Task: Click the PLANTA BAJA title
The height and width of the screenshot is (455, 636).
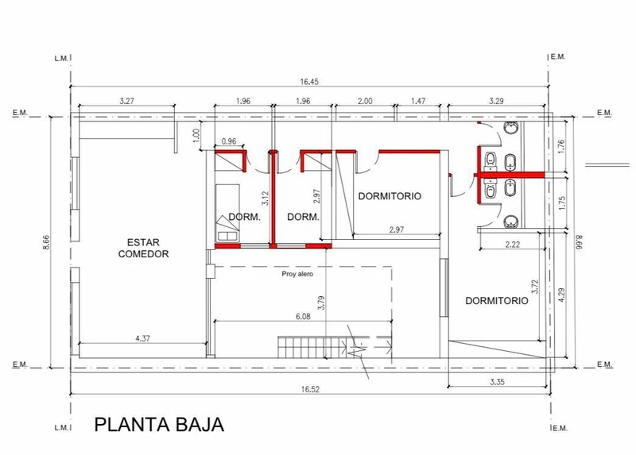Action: pos(159,425)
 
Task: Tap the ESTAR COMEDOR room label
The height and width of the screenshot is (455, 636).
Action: pos(143,249)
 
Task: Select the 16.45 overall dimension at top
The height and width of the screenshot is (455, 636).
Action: pos(309,82)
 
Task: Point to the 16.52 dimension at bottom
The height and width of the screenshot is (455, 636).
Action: pos(310,389)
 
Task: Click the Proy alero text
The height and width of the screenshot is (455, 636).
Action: pos(297,274)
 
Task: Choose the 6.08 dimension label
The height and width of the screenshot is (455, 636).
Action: pos(303,316)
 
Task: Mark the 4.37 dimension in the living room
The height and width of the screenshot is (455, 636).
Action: pos(143,338)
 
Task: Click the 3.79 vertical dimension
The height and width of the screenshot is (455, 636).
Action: pos(321,303)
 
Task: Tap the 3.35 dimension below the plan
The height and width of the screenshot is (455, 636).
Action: pos(497,382)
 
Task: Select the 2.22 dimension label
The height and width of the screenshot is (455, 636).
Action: pos(513,245)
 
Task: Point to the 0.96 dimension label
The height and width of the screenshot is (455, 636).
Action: pos(229,141)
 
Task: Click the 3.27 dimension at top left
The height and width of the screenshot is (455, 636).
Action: pos(126,101)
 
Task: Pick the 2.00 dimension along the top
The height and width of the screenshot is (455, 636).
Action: pos(365,101)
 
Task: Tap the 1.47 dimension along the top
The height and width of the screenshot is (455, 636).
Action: pos(418,101)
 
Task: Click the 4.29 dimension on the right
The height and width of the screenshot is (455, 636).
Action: pos(561,295)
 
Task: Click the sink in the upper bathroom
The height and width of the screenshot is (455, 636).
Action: pos(511,128)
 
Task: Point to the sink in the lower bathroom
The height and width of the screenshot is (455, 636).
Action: pos(511,222)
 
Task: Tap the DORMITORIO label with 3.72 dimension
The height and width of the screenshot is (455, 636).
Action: pos(497,301)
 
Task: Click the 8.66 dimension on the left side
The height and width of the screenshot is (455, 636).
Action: pos(46,242)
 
